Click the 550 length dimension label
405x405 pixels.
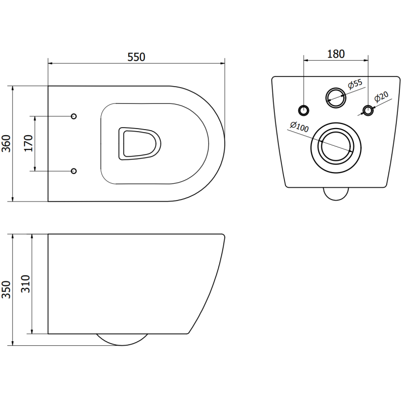coord(136,57)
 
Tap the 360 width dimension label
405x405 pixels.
coord(7,144)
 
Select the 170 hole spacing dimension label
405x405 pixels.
coord(29,144)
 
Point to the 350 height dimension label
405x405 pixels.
coord(7,290)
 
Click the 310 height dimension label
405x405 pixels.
coord(27,284)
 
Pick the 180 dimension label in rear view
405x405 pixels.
coord(335,54)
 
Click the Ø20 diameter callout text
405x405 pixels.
coord(381,96)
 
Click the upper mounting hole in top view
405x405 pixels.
coord(74,116)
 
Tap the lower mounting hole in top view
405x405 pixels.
coord(74,171)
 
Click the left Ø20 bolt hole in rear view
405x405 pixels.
coord(304,109)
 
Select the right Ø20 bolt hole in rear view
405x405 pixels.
coord(368,109)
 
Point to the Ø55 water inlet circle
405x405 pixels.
coord(334,96)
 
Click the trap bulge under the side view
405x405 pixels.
coord(121,340)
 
